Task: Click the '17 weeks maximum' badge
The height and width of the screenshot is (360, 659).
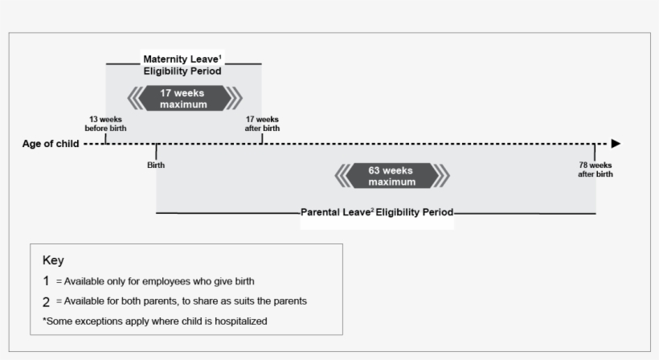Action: tap(183, 99)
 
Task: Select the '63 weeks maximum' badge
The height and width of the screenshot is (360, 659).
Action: tap(391, 176)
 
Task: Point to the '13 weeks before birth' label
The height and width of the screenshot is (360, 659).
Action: tap(105, 124)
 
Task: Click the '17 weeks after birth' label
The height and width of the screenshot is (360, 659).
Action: tap(262, 124)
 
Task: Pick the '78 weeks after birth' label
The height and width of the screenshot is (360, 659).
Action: tap(595, 170)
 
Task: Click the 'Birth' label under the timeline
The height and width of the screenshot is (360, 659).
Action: tap(156, 165)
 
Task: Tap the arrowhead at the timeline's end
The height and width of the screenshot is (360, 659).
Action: tap(616, 144)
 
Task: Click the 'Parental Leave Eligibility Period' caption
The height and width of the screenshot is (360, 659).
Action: tap(377, 213)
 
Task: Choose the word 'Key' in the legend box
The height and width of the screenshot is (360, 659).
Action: tap(53, 260)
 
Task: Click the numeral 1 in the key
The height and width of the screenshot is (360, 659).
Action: tap(47, 281)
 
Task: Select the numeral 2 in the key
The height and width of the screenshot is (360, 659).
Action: tap(47, 301)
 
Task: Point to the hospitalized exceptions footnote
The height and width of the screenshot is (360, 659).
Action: tap(154, 321)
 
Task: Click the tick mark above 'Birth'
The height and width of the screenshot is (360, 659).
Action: tap(156, 150)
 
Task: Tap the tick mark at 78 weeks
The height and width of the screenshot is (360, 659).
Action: tap(595, 150)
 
